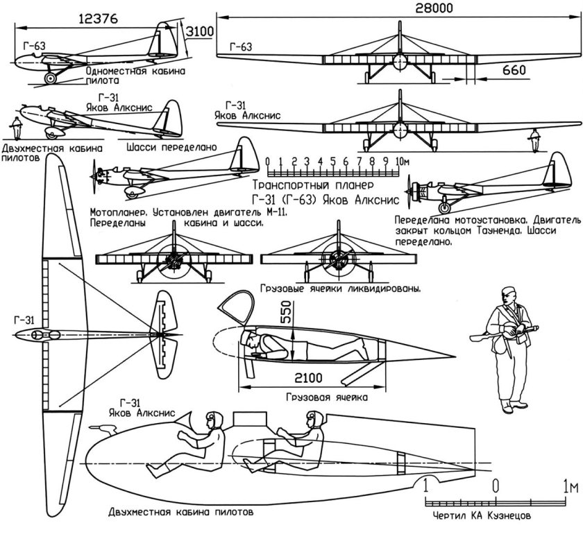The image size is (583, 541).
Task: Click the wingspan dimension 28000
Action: pos(395,8)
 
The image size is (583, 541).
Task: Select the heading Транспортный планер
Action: pos(314,186)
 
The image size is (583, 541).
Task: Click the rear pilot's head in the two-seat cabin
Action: pos(312,419)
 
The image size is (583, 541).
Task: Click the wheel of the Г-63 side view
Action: pos(51,78)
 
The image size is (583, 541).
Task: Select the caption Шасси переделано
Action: pos(172,147)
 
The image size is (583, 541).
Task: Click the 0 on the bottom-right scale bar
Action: pos(496,485)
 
